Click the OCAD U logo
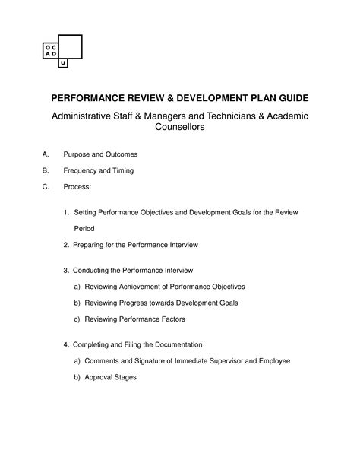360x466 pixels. click(62, 51)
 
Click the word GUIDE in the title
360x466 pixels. click(283, 100)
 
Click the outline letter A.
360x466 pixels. click(45, 154)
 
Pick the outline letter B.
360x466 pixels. click(45, 170)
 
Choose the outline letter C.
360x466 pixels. click(45, 186)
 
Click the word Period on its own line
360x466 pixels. click(84, 227)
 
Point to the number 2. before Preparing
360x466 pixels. click(67, 245)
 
